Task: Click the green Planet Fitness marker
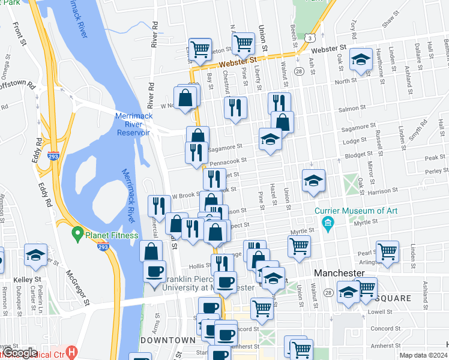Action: click(x=77, y=232)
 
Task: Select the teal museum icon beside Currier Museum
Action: click(x=328, y=224)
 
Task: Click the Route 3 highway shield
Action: click(x=308, y=37)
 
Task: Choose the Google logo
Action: click(x=20, y=353)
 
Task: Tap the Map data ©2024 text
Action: click(x=423, y=355)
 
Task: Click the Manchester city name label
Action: click(x=339, y=272)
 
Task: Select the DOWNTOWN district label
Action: click(x=168, y=340)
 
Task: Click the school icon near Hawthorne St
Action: click(x=360, y=59)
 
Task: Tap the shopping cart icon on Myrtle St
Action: click(x=299, y=245)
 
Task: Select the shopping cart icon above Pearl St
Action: click(x=388, y=250)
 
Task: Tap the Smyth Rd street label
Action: click(x=414, y=139)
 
